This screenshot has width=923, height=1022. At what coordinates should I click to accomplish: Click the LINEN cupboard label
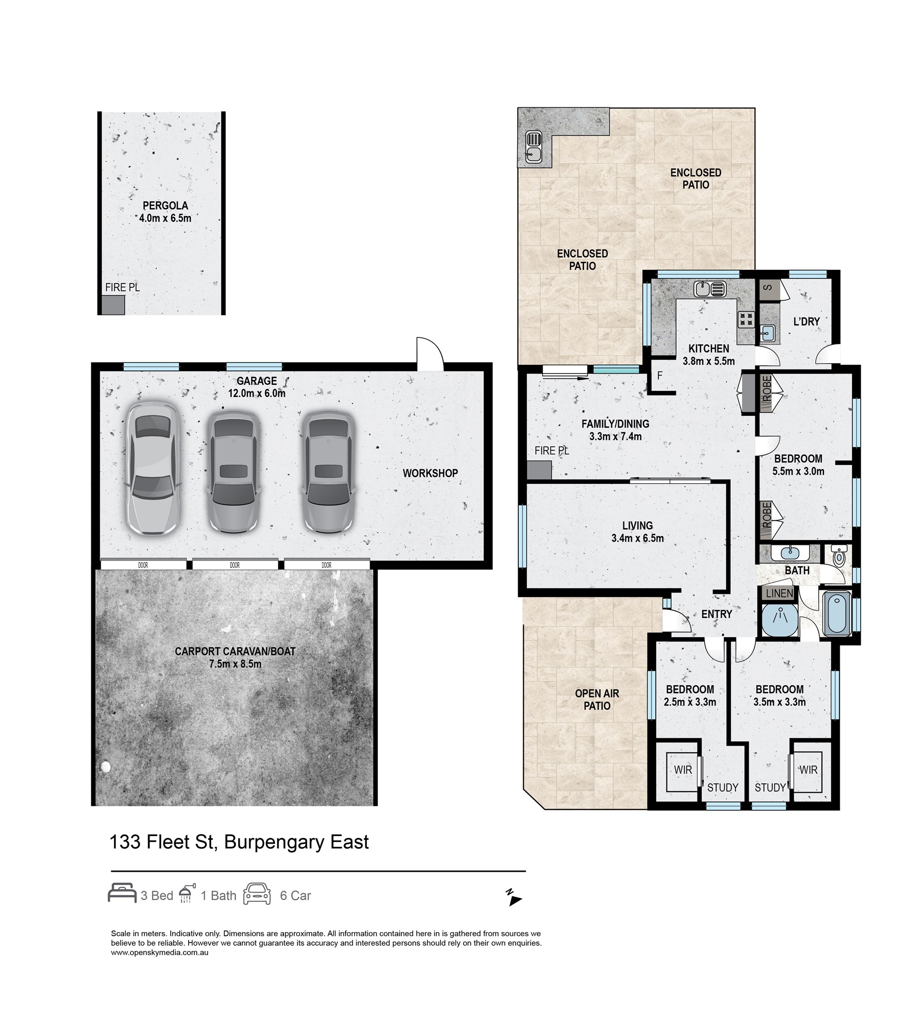point(779,593)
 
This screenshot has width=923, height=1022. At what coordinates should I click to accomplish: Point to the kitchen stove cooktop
point(746,319)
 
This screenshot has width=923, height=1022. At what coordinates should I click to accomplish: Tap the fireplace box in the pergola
point(113,306)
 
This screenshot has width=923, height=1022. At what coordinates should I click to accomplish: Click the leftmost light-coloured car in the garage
point(152,466)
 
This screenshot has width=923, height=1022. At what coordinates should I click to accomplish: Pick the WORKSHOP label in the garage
point(430,473)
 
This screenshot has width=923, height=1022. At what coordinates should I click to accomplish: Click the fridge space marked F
point(660,376)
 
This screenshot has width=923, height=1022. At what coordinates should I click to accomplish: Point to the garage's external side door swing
point(429,353)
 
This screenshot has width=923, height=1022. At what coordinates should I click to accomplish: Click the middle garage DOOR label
point(235,565)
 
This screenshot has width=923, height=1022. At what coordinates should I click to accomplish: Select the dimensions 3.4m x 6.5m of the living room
point(637,538)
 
